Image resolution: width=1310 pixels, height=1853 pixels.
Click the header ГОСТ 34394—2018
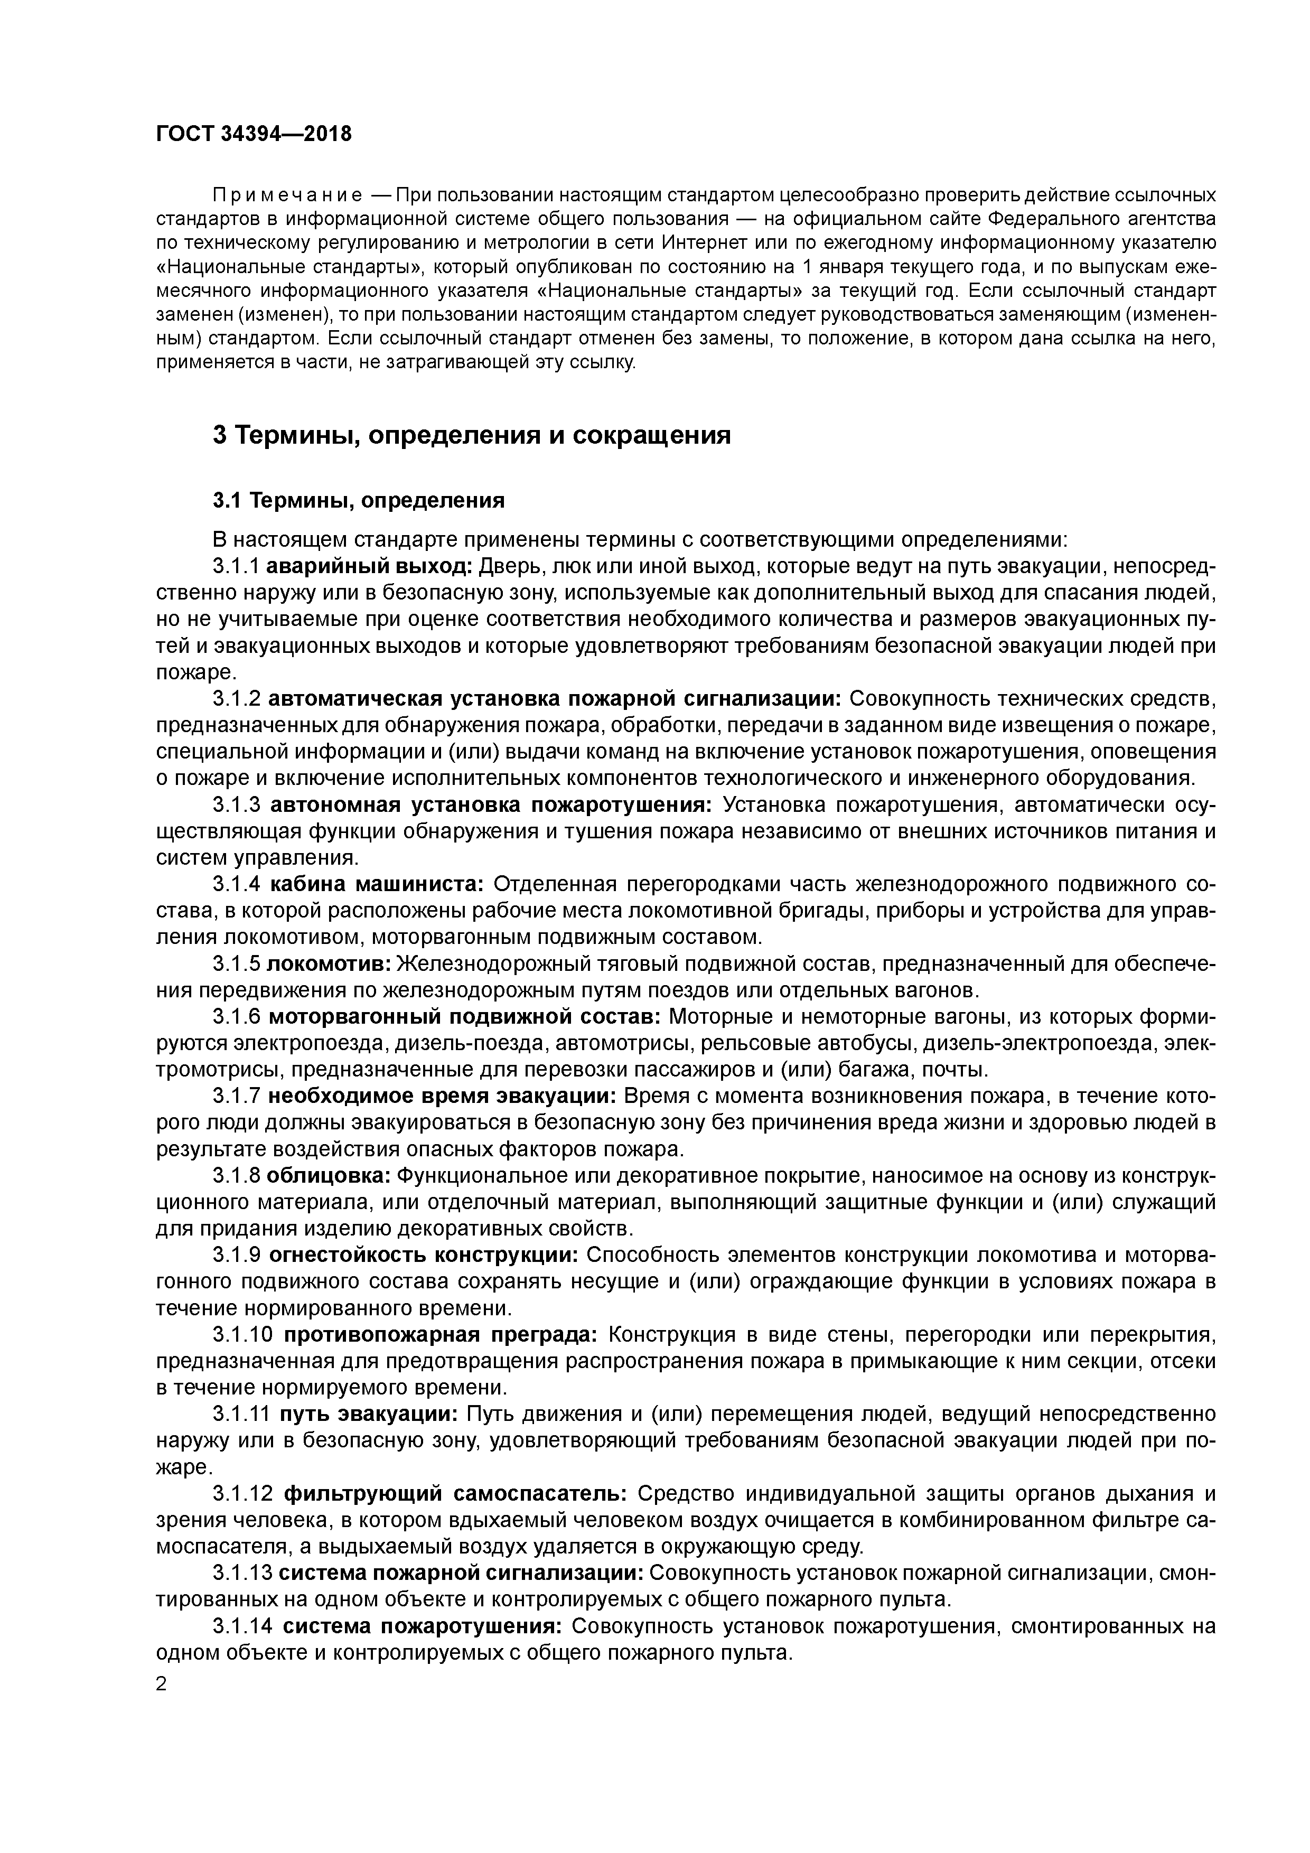click(254, 134)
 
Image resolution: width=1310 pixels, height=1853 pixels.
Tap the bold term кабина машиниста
click(376, 885)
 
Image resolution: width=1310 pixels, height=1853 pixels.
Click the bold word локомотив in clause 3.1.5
click(329, 965)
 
